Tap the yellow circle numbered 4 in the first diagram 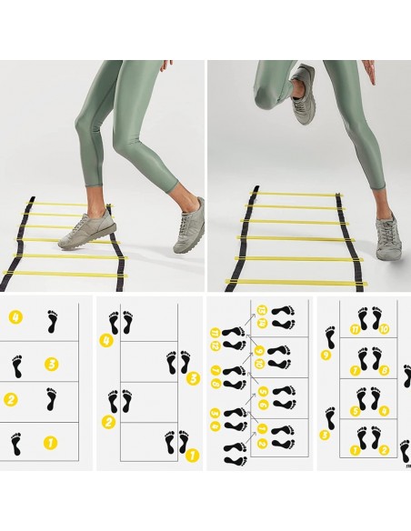pos(15,317)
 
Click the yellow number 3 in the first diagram pos(51,364)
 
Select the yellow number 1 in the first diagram pos(51,444)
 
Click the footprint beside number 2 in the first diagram pos(52,398)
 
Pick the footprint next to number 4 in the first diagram pos(52,320)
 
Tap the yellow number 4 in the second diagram pos(106,341)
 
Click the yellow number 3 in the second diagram pos(192,379)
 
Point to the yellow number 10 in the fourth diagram pos(385,328)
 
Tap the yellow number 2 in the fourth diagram pos(385,448)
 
